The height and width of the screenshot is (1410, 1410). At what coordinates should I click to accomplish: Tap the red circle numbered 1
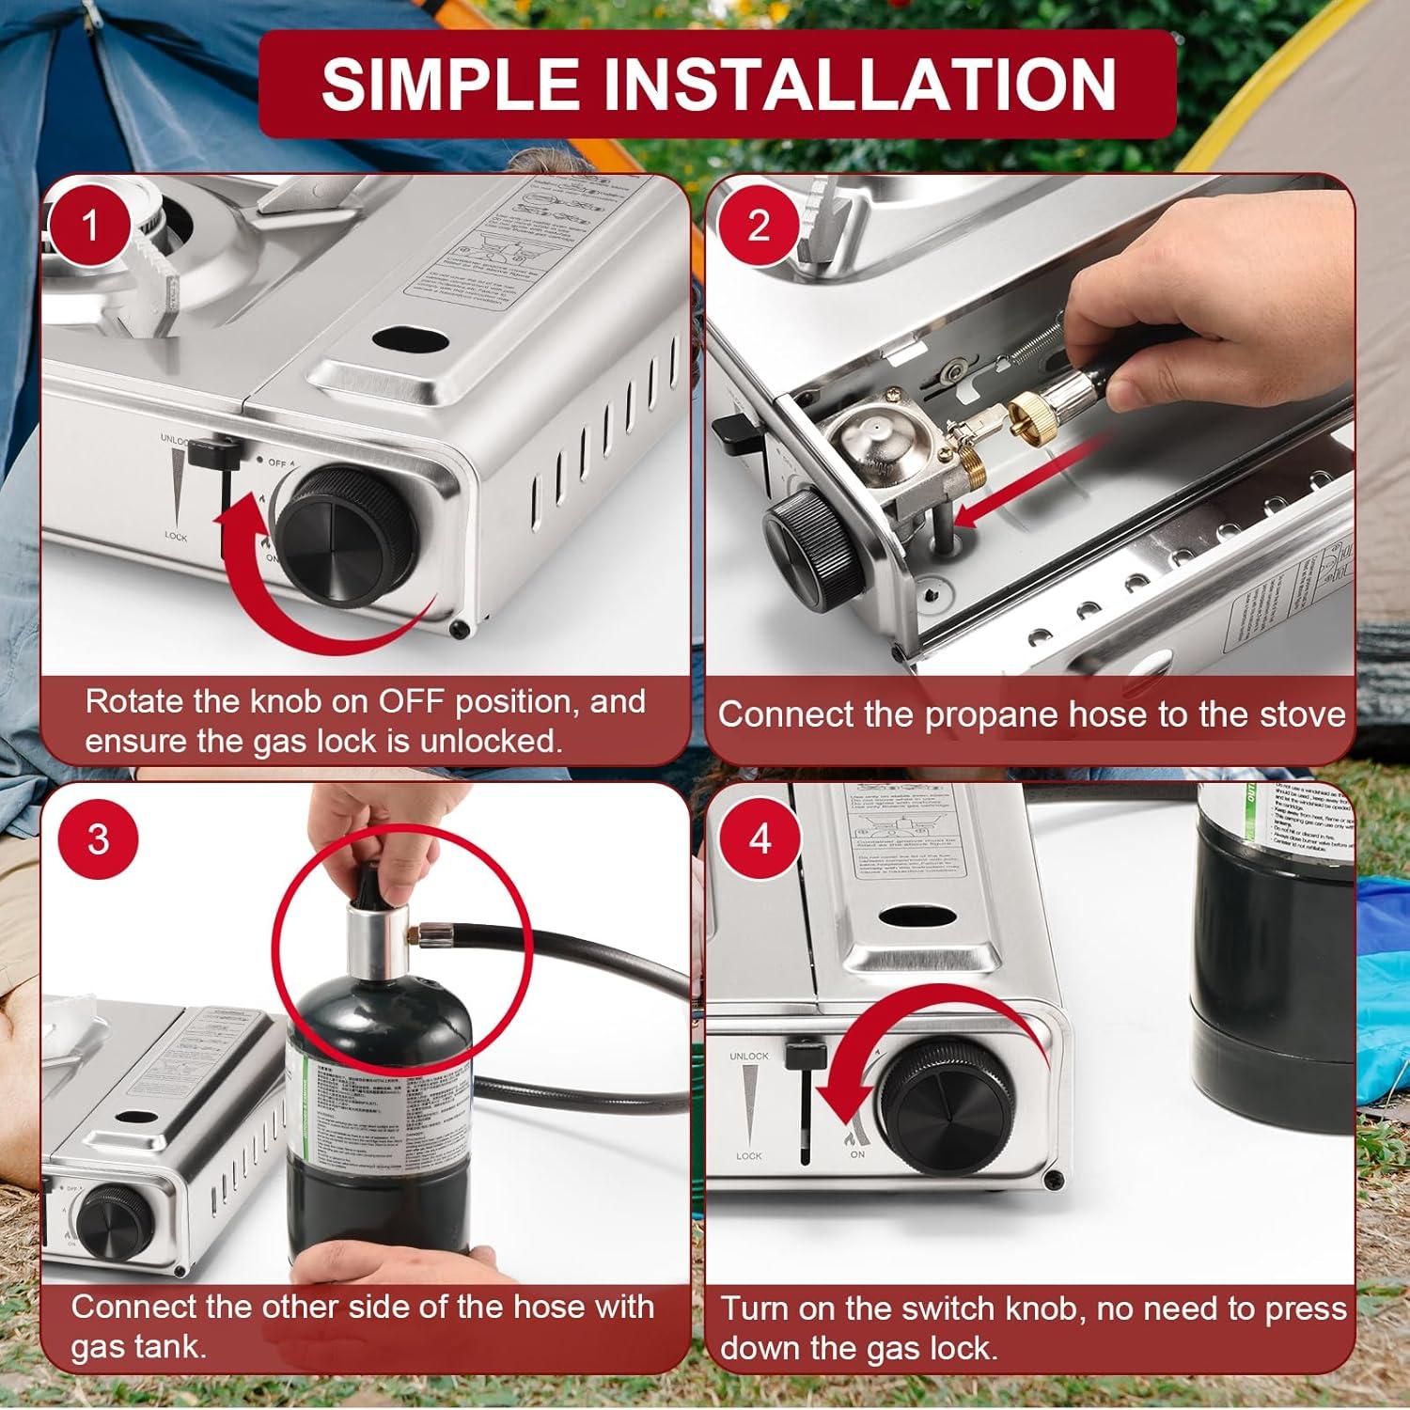(90, 227)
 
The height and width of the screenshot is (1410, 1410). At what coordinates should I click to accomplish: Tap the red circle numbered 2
(758, 226)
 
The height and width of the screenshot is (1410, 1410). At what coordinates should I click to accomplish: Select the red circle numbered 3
(98, 838)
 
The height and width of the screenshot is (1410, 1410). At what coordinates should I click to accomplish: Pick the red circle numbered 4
(760, 838)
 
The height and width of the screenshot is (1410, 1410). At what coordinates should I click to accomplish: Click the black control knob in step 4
(943, 1110)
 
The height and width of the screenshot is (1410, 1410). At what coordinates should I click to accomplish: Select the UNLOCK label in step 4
(749, 1057)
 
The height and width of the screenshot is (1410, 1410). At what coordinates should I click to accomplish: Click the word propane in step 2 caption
(982, 715)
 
